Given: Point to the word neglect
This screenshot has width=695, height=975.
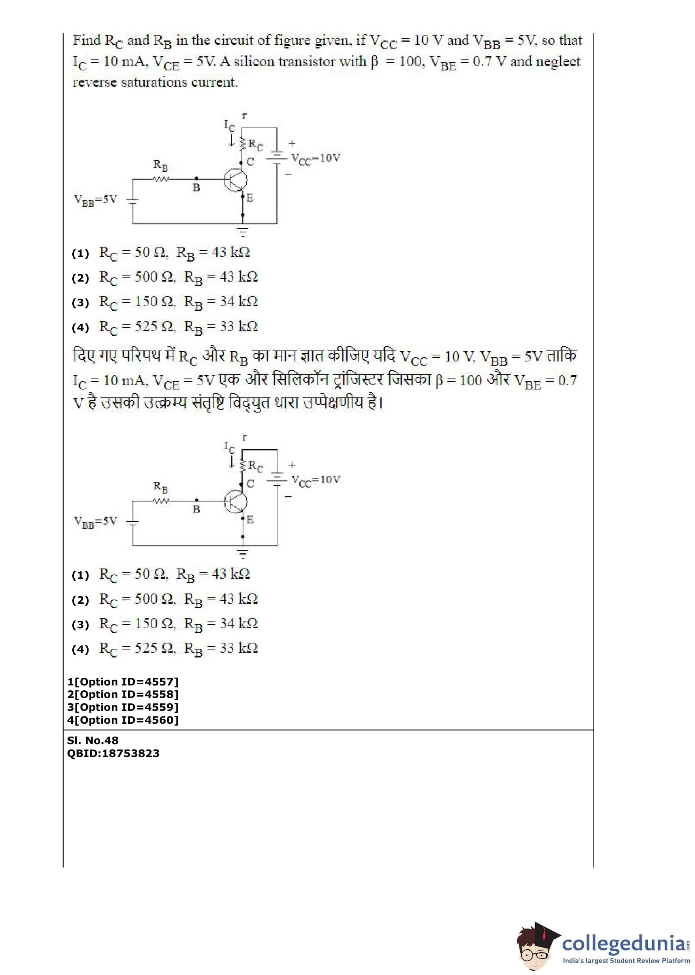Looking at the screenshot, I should pos(558,62).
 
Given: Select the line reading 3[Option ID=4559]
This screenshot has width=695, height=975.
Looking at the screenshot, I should pos(123,707).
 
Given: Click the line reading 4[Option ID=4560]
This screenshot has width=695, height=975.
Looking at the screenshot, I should pos(123,720).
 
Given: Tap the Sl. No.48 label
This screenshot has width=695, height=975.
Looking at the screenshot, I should pos(93,740).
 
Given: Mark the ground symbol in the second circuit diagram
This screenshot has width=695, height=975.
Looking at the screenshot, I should pos(243,554).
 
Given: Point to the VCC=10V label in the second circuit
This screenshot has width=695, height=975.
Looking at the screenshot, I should pos(315,480).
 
